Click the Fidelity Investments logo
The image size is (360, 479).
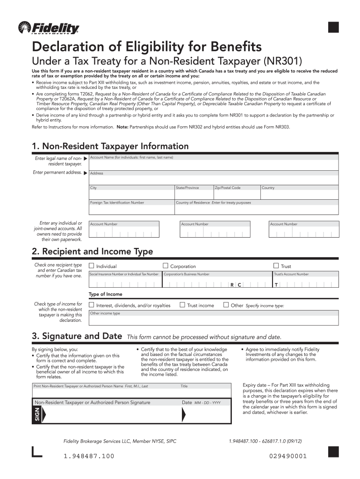coord(48,28)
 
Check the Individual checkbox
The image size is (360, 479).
coord(92,266)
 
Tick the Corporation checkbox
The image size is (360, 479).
coord(165,266)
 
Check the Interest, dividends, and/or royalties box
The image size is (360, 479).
coord(92,305)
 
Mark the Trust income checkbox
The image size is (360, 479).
coord(182,305)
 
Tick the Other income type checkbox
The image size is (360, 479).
coord(226,305)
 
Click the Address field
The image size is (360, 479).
coord(214,178)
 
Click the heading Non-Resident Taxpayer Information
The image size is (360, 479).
coord(110,146)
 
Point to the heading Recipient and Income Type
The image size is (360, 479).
coord(92,252)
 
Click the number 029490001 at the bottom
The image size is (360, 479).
coord(288,456)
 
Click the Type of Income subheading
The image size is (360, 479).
coord(106,294)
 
